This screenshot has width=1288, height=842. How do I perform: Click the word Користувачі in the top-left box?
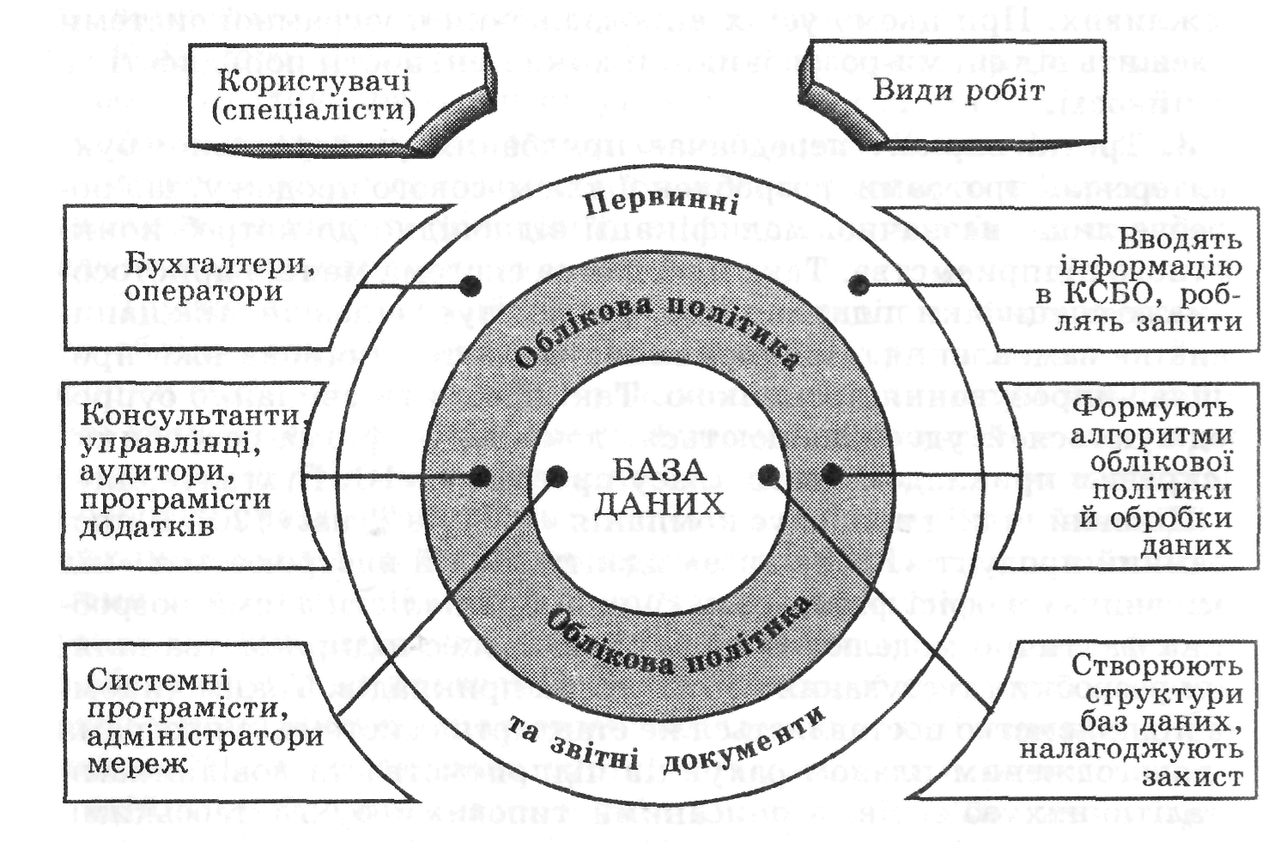pyautogui.click(x=313, y=81)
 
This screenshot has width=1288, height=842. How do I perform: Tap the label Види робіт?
pyautogui.click(x=958, y=90)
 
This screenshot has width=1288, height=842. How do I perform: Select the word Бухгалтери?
pyautogui.click(x=220, y=263)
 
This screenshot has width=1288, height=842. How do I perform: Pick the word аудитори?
pyautogui.click(x=158, y=471)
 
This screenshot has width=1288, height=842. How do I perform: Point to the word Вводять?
pyautogui.click(x=1180, y=239)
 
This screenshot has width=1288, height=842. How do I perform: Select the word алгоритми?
pyautogui.click(x=1151, y=434)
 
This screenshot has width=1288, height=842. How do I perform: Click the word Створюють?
pyautogui.click(x=1157, y=666)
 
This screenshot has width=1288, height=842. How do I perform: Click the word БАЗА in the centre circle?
pyautogui.click(x=659, y=470)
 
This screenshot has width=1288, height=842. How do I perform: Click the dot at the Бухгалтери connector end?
pyautogui.click(x=468, y=285)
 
